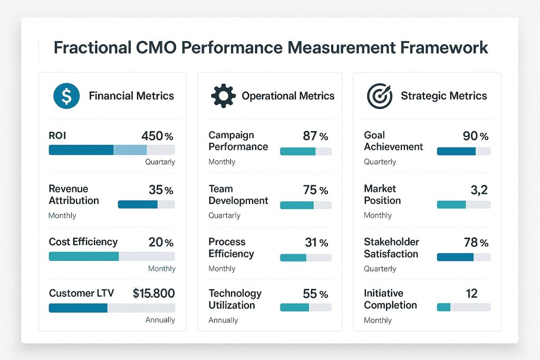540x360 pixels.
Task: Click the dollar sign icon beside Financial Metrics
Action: [66, 96]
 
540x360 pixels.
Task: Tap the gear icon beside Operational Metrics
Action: [224, 96]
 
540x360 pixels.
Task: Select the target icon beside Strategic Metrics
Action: [380, 96]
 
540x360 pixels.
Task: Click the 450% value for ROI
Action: [157, 136]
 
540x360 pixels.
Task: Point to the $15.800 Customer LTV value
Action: [153, 293]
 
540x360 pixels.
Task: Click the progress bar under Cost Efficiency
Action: [112, 256]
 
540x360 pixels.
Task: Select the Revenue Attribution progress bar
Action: [147, 205]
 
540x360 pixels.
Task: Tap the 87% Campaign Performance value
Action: [315, 136]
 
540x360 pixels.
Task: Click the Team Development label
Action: [238, 194]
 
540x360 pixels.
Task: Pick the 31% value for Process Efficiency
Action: [316, 242]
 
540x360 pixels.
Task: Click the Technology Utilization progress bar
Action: [306, 307]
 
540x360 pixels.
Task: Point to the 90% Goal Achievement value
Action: [476, 136]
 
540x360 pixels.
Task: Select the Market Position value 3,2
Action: [479, 190]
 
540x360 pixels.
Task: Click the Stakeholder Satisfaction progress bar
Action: [464, 257]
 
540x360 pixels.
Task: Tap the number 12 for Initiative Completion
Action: [472, 294]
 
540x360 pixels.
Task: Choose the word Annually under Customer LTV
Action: [160, 320]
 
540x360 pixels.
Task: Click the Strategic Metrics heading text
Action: [444, 96]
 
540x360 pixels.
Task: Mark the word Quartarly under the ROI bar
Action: [160, 162]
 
